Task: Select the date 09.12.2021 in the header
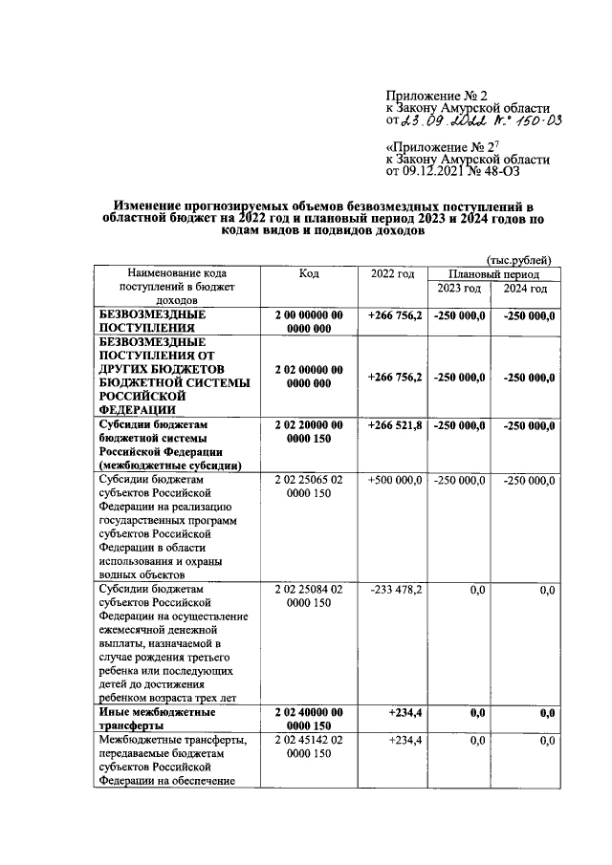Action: (x=440, y=171)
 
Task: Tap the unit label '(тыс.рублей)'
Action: (x=518, y=260)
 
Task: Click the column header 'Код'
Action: (x=308, y=274)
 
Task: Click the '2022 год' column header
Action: (x=392, y=274)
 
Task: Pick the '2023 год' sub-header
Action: (x=459, y=289)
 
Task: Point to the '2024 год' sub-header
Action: (x=525, y=289)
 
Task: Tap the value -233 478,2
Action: (x=395, y=592)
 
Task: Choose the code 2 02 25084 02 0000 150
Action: (x=308, y=597)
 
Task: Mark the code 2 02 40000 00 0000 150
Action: (x=308, y=719)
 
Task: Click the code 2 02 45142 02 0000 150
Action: (x=308, y=746)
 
